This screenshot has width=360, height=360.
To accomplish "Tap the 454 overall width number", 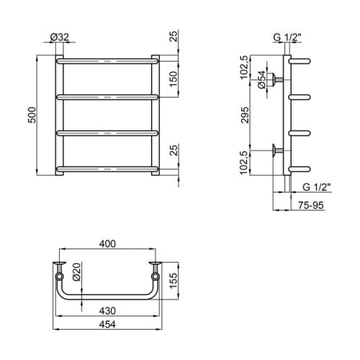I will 107,325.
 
